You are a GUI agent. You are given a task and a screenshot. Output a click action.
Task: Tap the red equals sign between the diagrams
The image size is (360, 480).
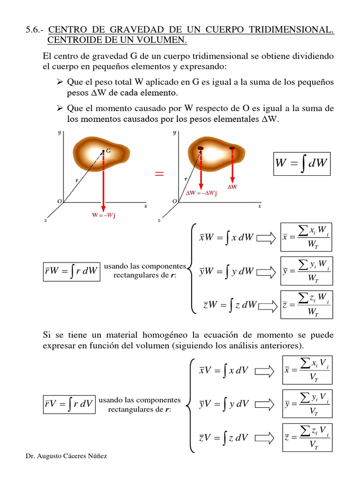[x=159, y=174]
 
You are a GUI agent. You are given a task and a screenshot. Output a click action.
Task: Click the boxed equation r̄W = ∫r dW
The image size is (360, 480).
[x=71, y=271]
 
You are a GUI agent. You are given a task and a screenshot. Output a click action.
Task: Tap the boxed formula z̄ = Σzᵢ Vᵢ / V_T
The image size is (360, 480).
[x=307, y=437]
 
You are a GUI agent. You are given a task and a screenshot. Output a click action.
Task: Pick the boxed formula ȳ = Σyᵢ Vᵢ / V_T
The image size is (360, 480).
[x=307, y=403]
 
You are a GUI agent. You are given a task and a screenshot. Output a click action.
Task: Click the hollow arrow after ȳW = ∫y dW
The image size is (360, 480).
[x=266, y=271]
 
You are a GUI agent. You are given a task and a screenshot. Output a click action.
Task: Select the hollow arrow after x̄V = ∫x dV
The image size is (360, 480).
[x=264, y=370]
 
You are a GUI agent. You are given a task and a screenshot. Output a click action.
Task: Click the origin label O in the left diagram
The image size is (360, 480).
[x=60, y=201]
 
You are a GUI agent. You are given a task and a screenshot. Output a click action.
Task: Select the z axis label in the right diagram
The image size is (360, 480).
[x=160, y=220]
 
